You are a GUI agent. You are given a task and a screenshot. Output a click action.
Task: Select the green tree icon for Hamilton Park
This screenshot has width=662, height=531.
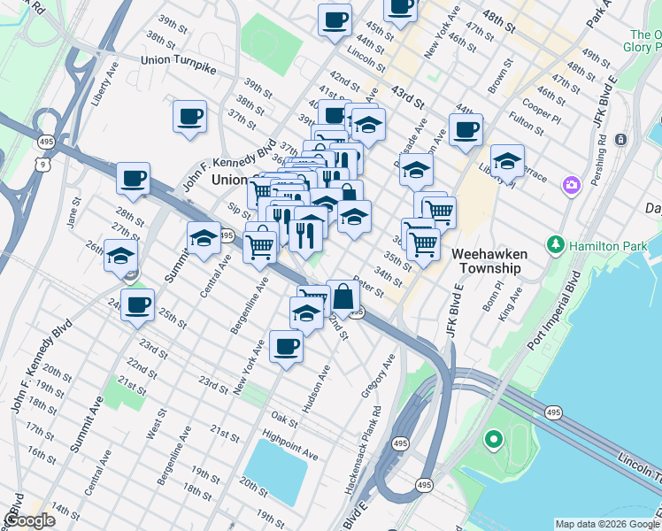tap(556, 243)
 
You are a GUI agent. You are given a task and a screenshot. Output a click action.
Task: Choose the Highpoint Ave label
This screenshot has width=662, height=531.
tap(289, 445)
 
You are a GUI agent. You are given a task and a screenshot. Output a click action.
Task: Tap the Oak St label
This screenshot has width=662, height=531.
tap(284, 417)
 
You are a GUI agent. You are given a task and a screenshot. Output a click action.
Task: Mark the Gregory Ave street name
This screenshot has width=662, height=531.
tap(377, 376)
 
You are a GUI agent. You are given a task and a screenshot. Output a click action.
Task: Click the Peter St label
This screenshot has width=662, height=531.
tap(367, 289)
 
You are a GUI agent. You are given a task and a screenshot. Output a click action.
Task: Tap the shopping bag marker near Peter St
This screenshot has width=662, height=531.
tap(343, 299)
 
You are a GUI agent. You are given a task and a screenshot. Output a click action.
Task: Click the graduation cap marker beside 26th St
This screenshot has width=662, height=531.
tap(120, 256)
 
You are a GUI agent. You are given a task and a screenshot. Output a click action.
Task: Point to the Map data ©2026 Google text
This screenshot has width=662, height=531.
tap(606, 524)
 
